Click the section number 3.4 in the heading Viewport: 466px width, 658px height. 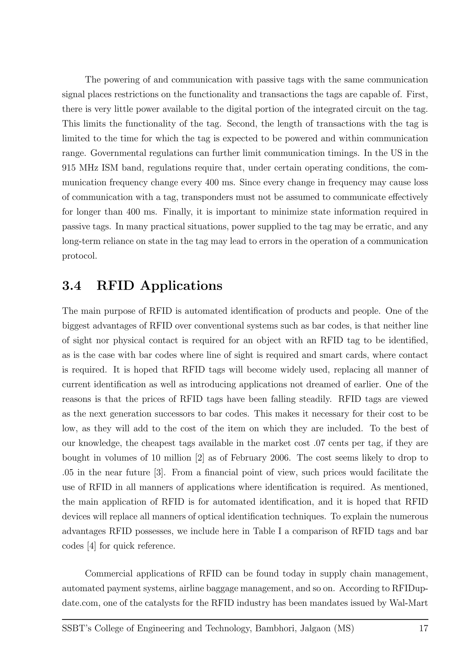(72, 286)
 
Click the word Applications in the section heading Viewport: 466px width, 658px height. (181, 286)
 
